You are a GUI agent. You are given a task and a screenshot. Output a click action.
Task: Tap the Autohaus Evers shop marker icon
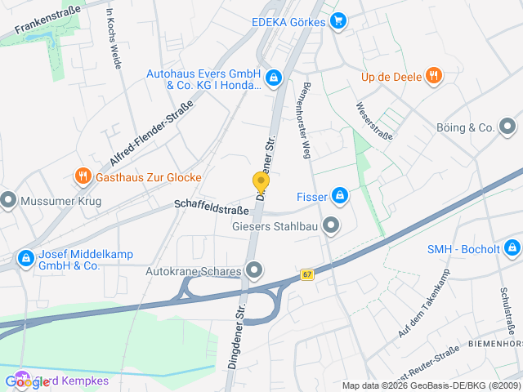click(274, 78)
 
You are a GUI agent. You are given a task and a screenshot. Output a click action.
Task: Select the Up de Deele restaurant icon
click(433, 78)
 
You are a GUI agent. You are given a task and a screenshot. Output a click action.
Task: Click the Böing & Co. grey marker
click(507, 127)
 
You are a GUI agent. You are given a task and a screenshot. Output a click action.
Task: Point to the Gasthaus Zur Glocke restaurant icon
click(83, 176)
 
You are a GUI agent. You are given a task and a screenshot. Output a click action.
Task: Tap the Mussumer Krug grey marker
click(9, 198)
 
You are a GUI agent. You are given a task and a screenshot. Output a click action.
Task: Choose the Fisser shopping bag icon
click(339, 196)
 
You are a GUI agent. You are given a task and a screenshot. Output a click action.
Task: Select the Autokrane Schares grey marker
click(254, 270)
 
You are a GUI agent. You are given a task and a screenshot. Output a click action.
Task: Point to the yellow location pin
click(261, 183)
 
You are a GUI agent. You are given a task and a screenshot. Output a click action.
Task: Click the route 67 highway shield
click(306, 274)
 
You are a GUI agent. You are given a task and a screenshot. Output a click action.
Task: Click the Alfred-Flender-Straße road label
click(151, 133)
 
